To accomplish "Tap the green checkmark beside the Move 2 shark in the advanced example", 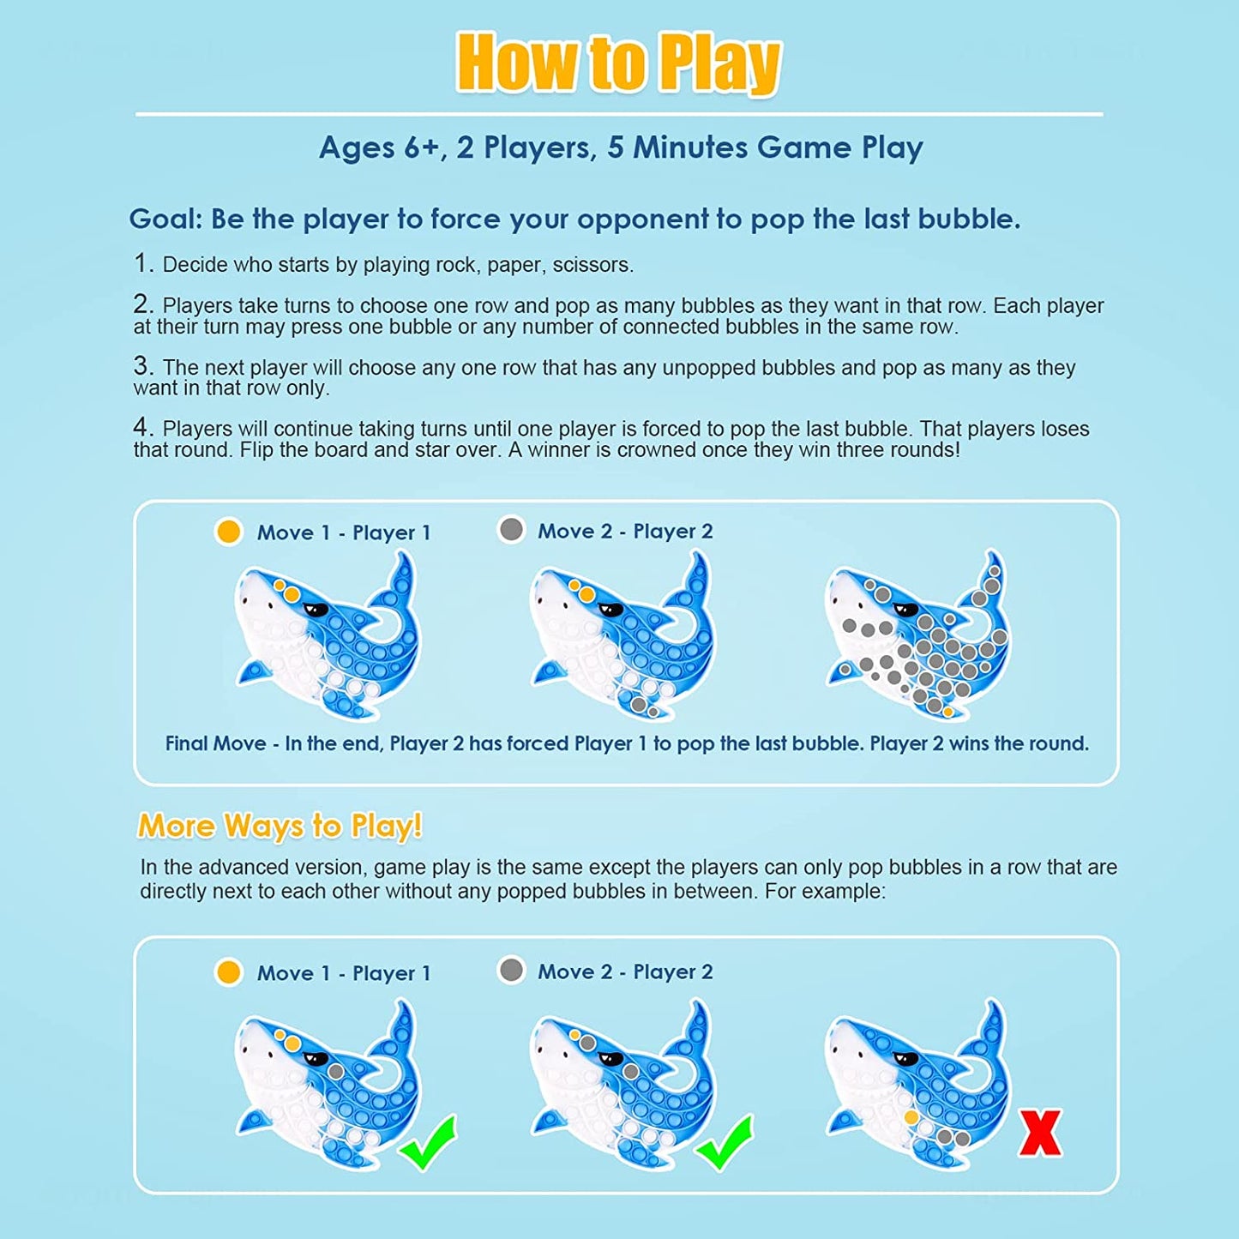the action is (724, 1145).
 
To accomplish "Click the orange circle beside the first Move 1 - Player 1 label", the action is (228, 532).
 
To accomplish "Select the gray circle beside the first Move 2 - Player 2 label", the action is (511, 530).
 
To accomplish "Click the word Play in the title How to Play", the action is (721, 63).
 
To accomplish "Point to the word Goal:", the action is (166, 220).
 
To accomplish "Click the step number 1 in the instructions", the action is (142, 263).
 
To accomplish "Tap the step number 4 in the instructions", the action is (142, 427).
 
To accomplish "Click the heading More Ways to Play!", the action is (280, 826).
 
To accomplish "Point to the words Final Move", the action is (215, 744).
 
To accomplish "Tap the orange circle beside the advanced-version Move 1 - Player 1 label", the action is (228, 972).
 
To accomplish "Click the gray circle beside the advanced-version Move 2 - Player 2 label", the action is (511, 971).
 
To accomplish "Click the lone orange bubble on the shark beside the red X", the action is (911, 1117).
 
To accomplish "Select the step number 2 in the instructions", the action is (142, 304).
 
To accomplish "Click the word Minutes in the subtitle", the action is (689, 147).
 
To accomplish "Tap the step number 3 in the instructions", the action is (142, 366).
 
